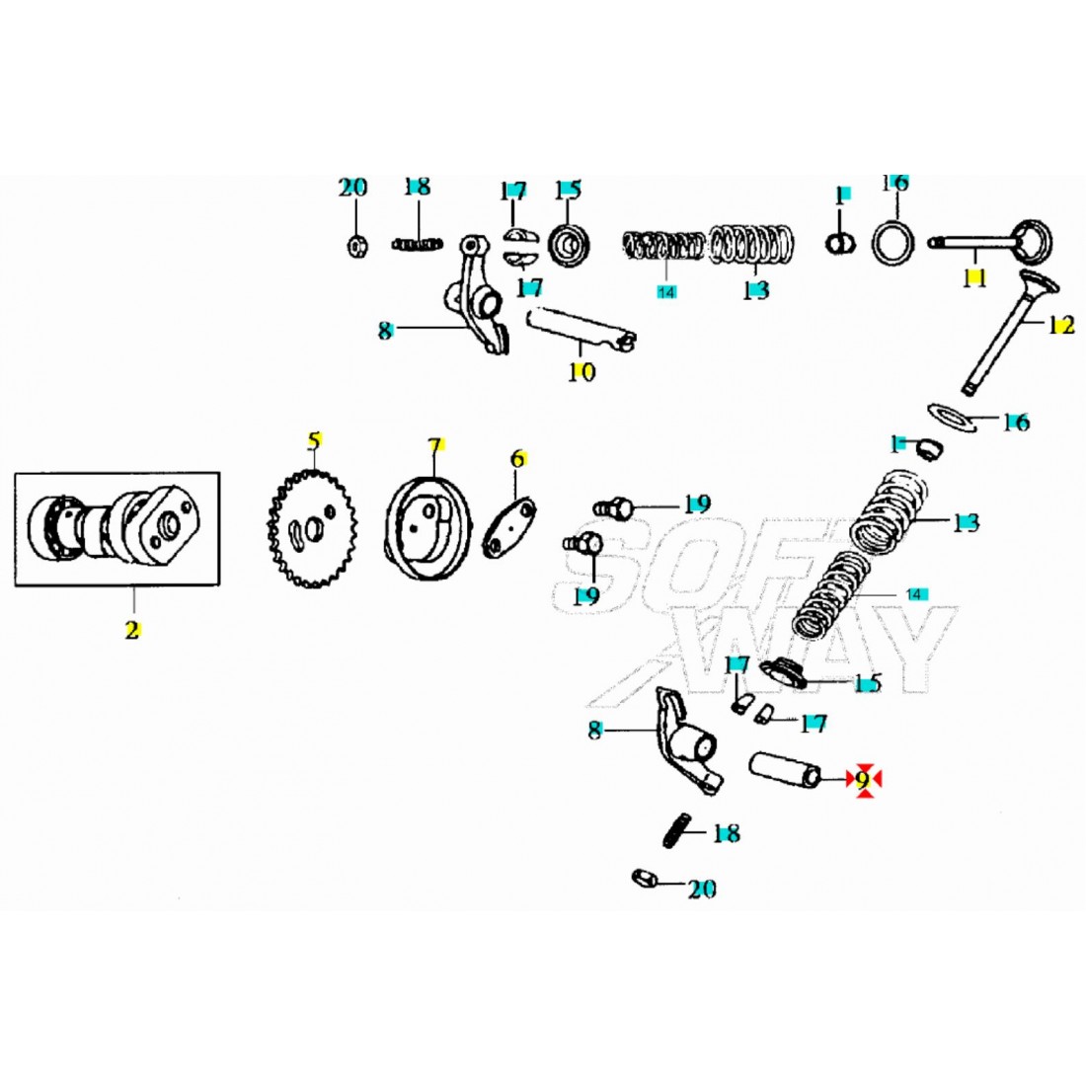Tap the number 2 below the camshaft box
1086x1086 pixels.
tap(132, 629)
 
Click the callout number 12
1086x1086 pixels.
tap(1060, 325)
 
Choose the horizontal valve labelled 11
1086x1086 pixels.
tap(992, 240)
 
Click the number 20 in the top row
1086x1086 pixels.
tap(352, 188)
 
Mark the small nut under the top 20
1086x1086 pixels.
tap(354, 245)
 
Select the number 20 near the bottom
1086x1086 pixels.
tap(701, 890)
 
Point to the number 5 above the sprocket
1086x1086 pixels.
tap(314, 440)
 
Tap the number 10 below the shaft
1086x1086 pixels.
tap(582, 372)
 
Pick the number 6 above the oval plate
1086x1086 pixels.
tap(517, 459)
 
